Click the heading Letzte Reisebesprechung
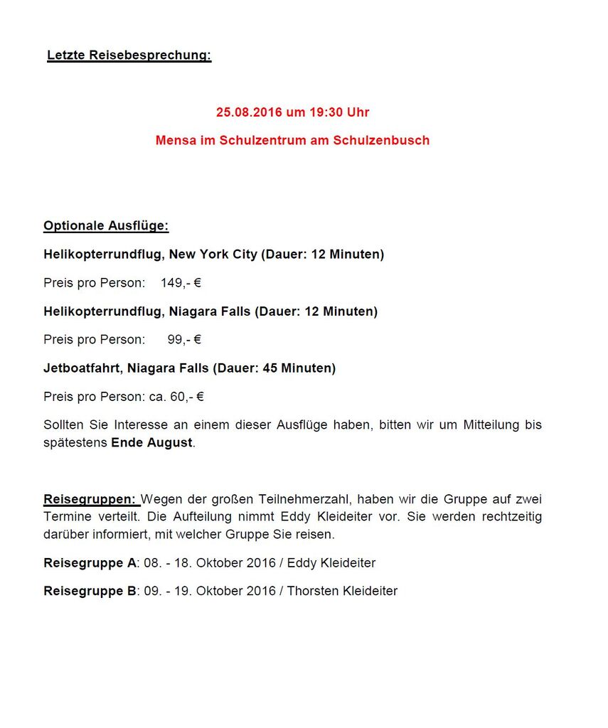pyautogui.click(x=129, y=55)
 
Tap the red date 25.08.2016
pyautogui.click(x=249, y=112)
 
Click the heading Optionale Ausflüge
pyautogui.click(x=106, y=226)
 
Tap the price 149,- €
pyautogui.click(x=181, y=283)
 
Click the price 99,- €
pyautogui.click(x=184, y=340)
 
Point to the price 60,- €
pyautogui.click(x=186, y=397)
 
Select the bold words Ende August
pyautogui.click(x=151, y=442)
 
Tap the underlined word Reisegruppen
pyautogui.click(x=90, y=499)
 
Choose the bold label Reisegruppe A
pyautogui.click(x=90, y=563)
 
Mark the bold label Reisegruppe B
pyautogui.click(x=90, y=591)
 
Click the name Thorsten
pyautogui.click(x=312, y=591)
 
